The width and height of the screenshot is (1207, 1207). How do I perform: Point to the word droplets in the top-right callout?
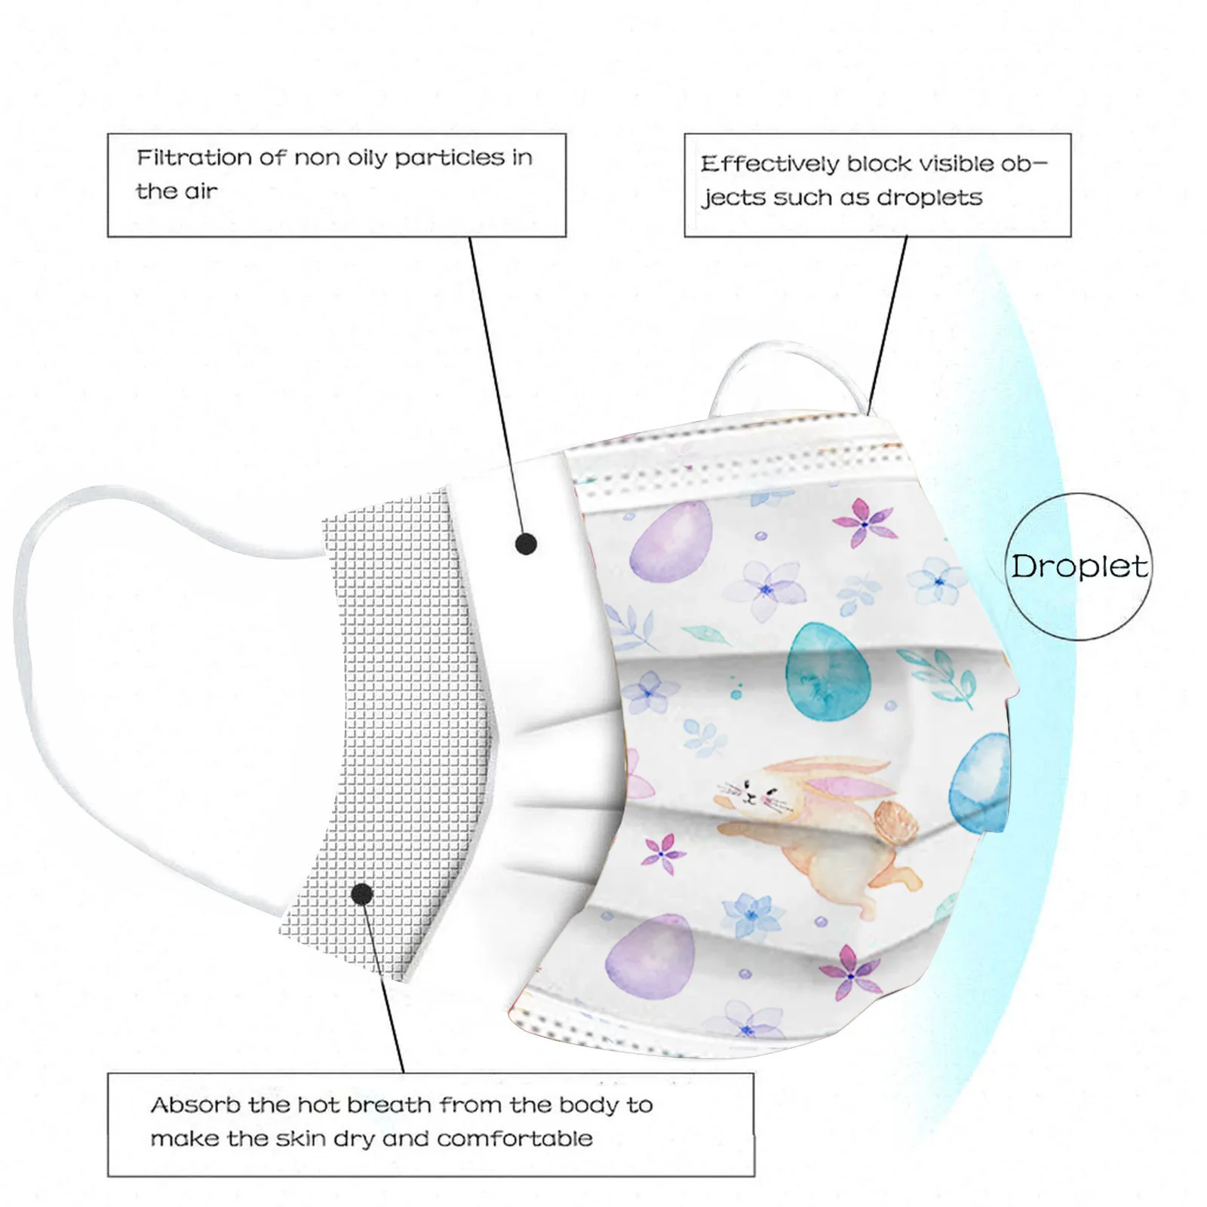(929, 198)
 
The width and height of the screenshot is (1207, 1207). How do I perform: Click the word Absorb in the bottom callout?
(195, 1105)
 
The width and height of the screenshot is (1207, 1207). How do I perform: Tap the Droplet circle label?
(1079, 567)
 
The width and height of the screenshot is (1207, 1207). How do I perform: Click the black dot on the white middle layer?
(526, 544)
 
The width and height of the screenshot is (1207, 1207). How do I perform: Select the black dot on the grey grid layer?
(362, 894)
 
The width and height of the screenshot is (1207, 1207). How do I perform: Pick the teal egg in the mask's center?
(827, 671)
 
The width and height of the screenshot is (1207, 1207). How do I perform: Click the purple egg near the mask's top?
(671, 541)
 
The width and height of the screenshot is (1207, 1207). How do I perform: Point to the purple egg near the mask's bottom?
(650, 957)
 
